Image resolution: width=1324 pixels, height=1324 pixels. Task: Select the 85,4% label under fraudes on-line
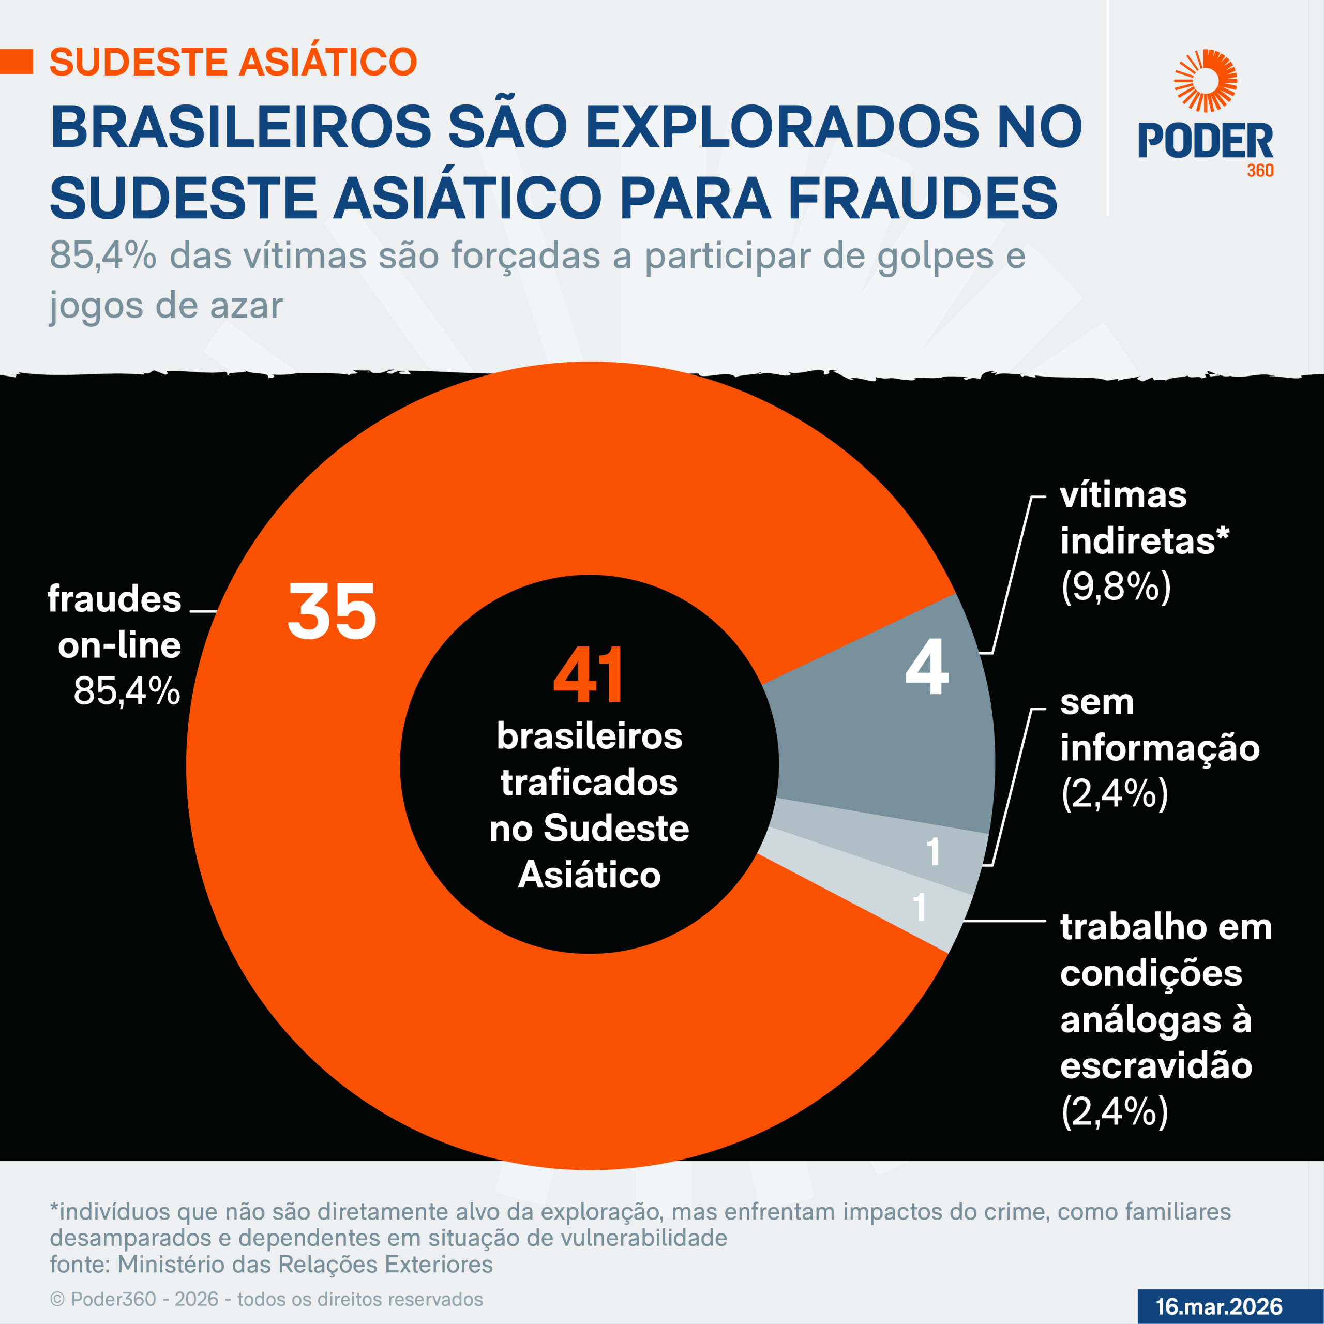tap(127, 691)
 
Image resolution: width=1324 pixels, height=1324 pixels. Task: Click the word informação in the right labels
tap(1160, 748)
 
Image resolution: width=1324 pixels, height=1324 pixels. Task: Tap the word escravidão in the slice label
tap(1156, 1065)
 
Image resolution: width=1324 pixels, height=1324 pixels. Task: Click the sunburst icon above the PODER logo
tap(1205, 81)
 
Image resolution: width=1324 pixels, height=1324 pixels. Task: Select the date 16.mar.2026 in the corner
tap(1219, 1306)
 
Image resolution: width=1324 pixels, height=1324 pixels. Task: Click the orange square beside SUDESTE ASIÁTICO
tap(17, 62)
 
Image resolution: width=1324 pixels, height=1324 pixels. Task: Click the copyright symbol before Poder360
tap(57, 1299)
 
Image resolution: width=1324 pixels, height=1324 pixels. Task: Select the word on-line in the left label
tap(119, 645)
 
